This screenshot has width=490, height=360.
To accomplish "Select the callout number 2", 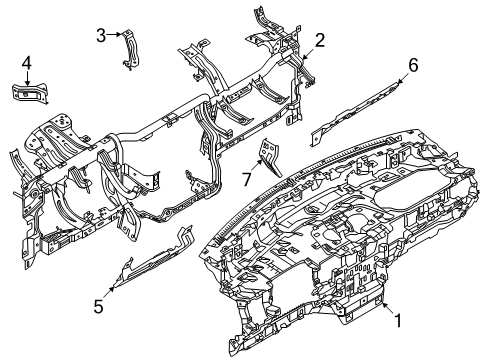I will point(320,40).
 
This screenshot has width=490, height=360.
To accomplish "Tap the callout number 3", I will point(101,36).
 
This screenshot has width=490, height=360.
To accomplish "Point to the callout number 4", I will point(28,64).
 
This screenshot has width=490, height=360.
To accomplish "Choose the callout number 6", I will point(411,66).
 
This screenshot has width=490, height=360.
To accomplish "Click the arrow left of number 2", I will point(306,45).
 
